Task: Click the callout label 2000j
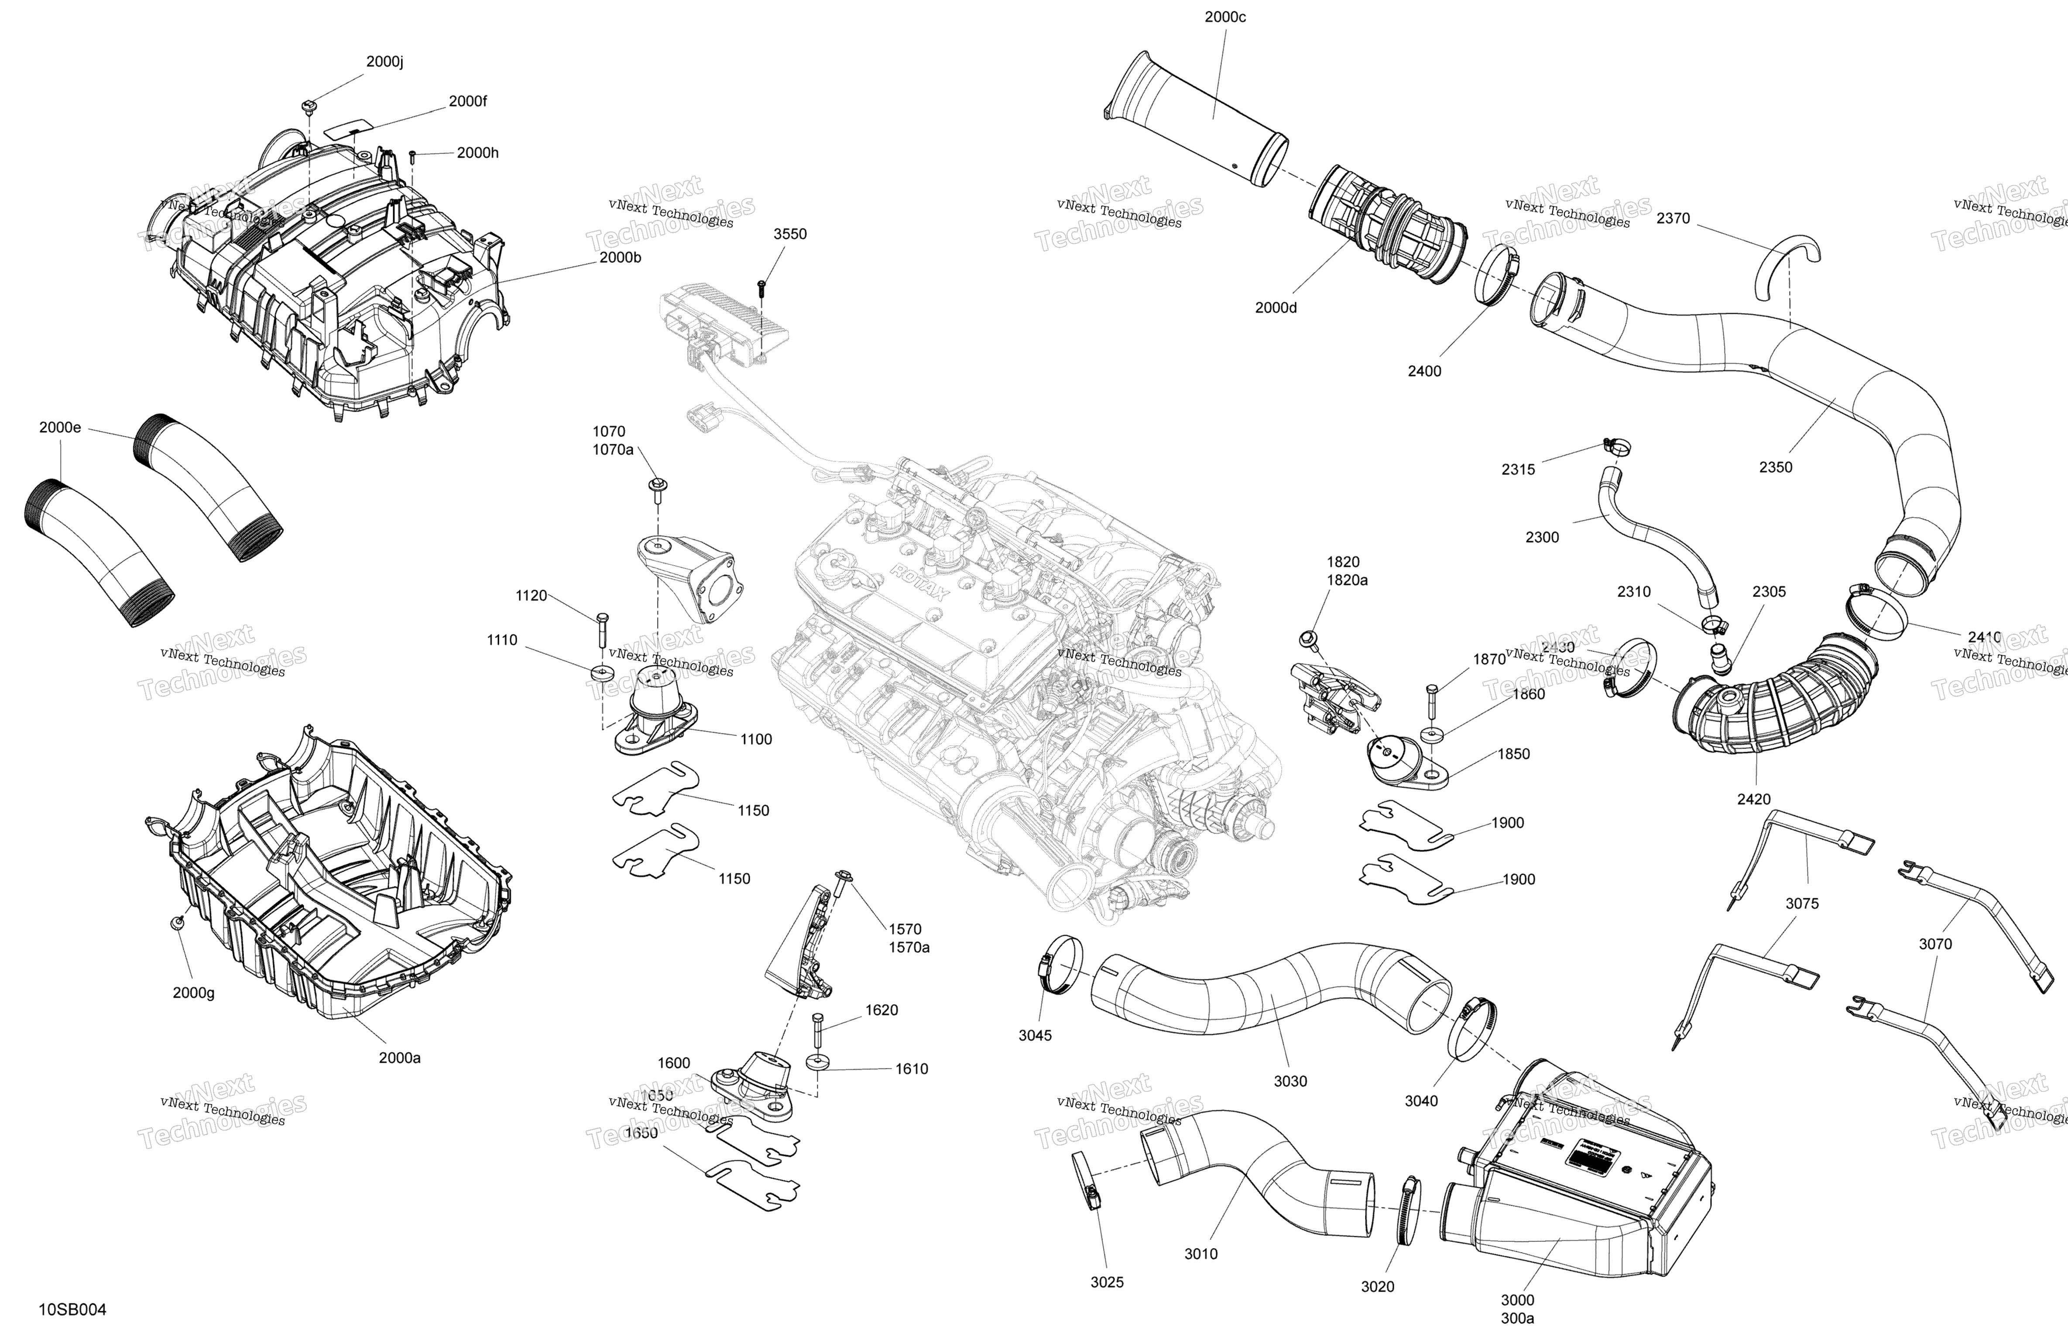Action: coord(384,61)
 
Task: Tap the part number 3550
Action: coord(790,234)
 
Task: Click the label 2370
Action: coord(1673,218)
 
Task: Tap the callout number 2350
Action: coord(1775,466)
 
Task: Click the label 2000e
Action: coord(60,427)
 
